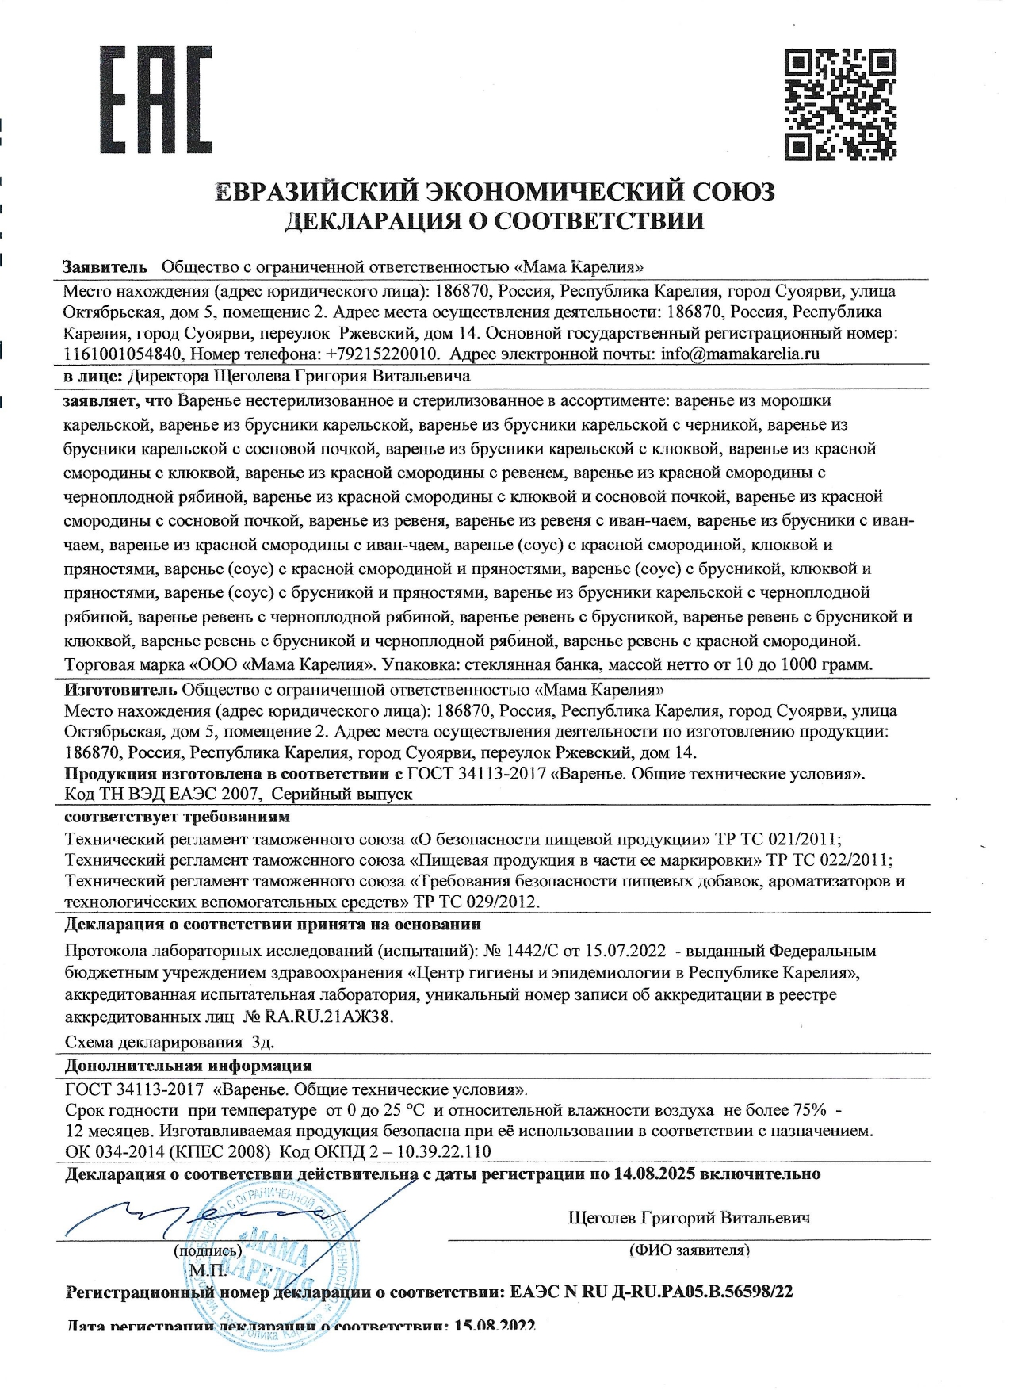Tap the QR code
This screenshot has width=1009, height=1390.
(x=840, y=104)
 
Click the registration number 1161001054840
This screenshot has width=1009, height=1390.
(x=124, y=354)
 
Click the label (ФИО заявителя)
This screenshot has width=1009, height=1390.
(x=689, y=1250)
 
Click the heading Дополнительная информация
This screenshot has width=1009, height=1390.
(x=188, y=1065)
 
